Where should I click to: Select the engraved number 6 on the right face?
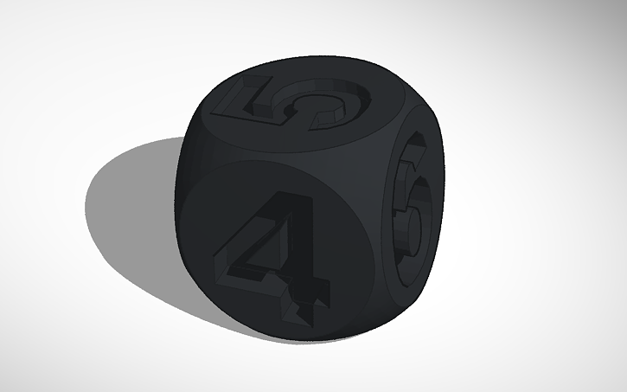click(x=412, y=208)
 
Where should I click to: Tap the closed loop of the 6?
click(x=413, y=227)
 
